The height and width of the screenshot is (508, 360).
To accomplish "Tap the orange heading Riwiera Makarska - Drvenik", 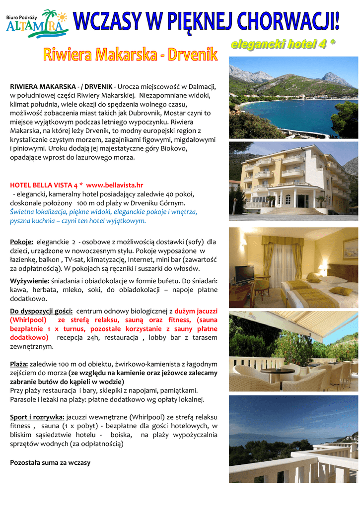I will (x=130, y=55).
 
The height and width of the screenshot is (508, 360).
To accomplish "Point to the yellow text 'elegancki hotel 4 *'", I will (x=283, y=45).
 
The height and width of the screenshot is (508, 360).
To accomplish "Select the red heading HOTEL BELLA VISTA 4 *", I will (x=47, y=185).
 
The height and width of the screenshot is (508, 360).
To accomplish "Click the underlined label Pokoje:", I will (x=22, y=242).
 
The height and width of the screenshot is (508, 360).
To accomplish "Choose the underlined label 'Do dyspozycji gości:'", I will (x=42, y=311).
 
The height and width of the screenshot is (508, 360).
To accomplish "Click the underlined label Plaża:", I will (x=19, y=364).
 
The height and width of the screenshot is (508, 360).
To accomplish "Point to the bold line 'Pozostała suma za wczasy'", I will (x=50, y=462).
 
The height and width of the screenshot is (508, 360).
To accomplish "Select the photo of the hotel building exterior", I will (x=293, y=182).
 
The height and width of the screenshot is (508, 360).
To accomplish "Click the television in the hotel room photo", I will (x=244, y=274).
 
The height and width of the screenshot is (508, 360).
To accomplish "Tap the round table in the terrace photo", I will (x=278, y=371).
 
